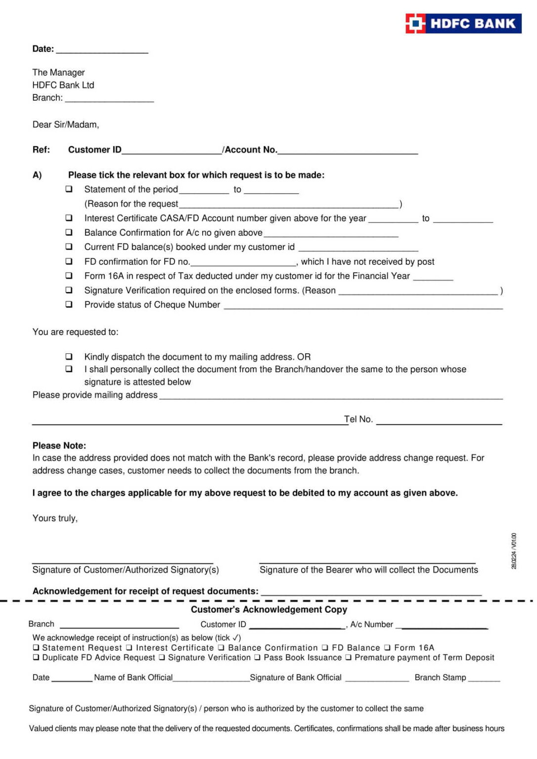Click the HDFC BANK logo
click(x=463, y=23)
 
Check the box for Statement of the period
click(x=69, y=189)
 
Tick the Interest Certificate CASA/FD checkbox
click(x=69, y=218)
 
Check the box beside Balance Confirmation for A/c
click(x=69, y=232)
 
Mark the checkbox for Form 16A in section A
click(x=69, y=276)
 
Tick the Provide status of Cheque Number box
click(x=69, y=304)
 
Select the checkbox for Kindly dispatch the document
click(x=69, y=356)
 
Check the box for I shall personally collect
click(x=69, y=369)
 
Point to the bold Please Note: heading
click(x=59, y=445)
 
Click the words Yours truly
click(x=55, y=518)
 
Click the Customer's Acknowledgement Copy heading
click(x=269, y=609)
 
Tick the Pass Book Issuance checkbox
click(x=258, y=658)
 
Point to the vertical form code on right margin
click(x=514, y=551)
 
